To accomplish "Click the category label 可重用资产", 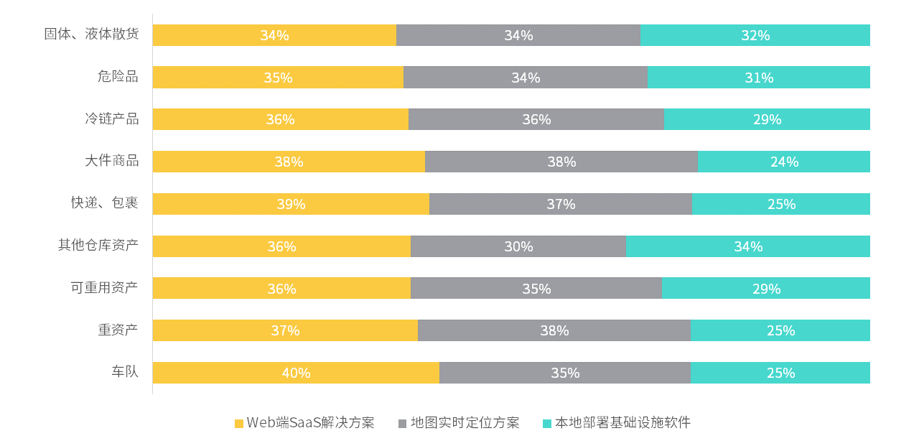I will pos(104,288).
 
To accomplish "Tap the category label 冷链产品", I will pos(111,119).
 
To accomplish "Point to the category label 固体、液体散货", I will pos(91,34).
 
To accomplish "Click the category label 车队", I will pos(124,372).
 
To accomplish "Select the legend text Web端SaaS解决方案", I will pos(310,422).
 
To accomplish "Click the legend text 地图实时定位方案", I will pos(465,422).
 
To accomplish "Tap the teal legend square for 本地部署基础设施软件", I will pos(547,423).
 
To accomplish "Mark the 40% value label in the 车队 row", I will pos(296,373).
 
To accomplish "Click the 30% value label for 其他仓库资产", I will pos(518,246).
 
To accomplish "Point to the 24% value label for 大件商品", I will pos(784,162).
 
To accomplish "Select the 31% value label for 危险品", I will pos(759,78).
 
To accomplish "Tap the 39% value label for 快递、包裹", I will pos(291,204).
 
